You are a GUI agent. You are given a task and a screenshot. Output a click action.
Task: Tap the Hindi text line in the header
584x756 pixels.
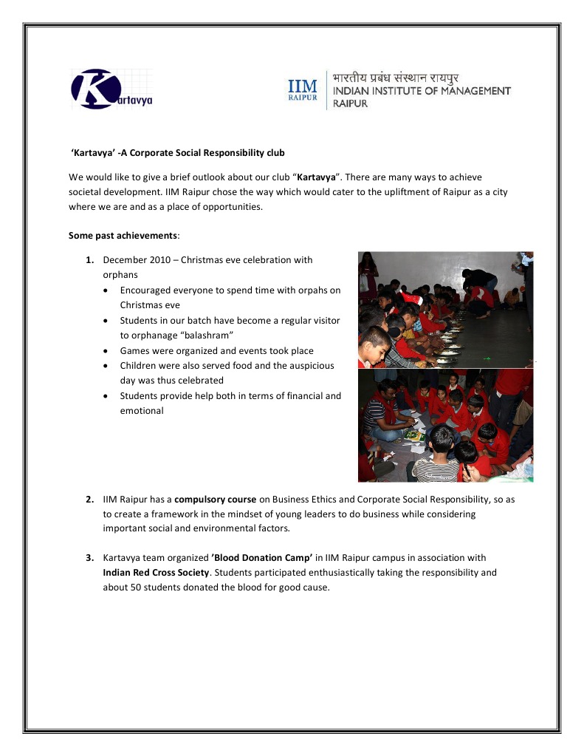(395, 78)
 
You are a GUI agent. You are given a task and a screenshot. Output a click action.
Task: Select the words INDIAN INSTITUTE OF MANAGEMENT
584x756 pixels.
(422, 92)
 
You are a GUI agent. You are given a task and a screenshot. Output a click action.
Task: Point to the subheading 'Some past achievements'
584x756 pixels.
(123, 235)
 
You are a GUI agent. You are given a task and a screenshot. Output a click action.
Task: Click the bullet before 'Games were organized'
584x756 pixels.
(109, 351)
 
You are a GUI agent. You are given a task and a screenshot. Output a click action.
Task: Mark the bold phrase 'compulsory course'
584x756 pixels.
(215, 500)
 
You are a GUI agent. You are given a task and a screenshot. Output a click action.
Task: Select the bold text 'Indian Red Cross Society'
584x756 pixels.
(156, 573)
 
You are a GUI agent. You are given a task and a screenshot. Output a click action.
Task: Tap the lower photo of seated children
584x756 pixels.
(445, 426)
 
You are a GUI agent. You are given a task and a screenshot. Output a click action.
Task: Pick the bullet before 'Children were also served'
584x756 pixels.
(109, 366)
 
